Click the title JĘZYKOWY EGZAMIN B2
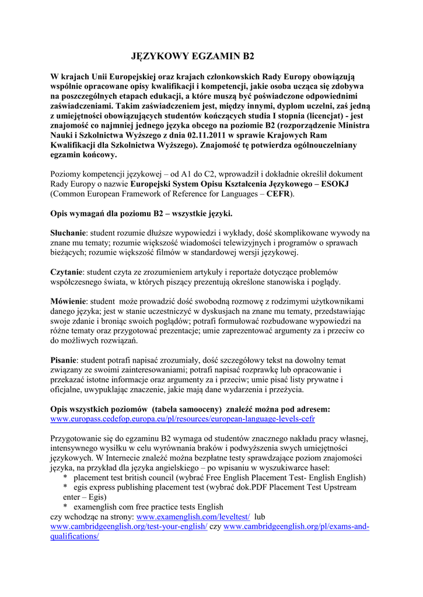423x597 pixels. click(x=192, y=57)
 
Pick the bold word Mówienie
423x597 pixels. click(x=69, y=301)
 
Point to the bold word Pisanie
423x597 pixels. click(x=64, y=360)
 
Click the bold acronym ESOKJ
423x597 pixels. click(x=338, y=184)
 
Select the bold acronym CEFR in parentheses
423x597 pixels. click(x=279, y=194)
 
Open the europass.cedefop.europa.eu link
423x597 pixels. click(x=183, y=419)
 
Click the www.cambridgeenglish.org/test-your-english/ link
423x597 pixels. click(x=129, y=526)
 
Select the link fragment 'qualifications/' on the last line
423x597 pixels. click(x=75, y=536)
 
